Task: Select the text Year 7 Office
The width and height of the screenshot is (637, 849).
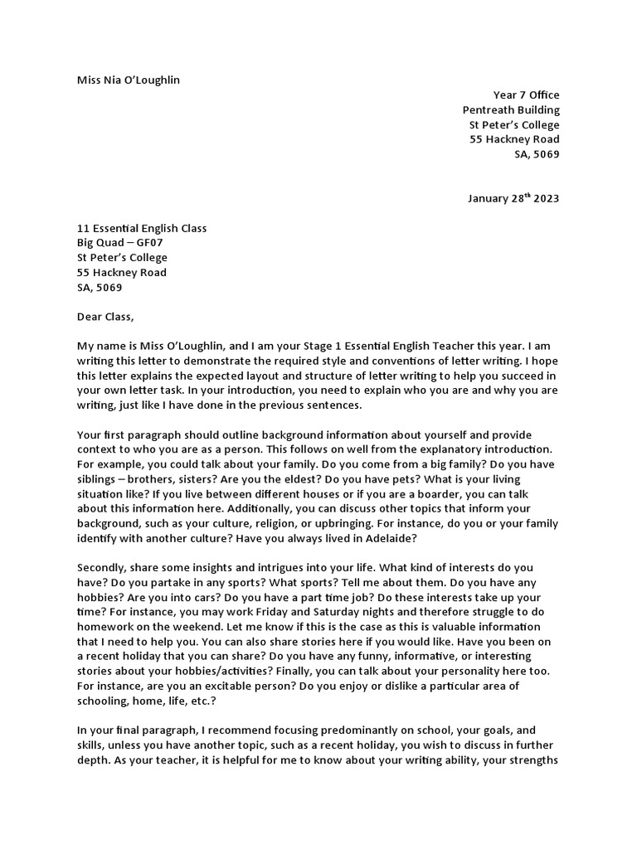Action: pos(525,95)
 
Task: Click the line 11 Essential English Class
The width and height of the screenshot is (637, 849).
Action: pos(142,228)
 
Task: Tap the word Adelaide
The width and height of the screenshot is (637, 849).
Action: pos(388,538)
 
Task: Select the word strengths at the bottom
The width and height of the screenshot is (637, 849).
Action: pos(528,759)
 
